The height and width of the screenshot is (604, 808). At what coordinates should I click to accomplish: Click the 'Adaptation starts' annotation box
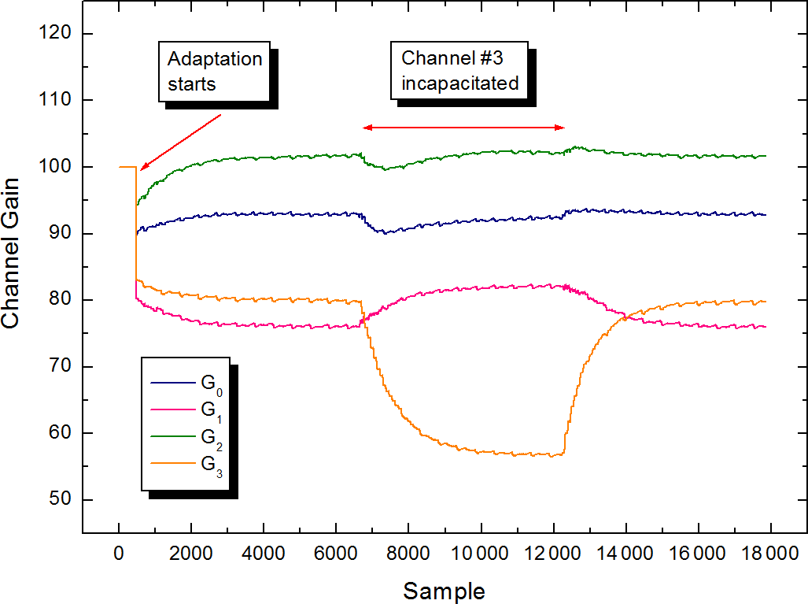click(214, 72)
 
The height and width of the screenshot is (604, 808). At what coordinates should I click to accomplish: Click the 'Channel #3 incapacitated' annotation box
click(459, 70)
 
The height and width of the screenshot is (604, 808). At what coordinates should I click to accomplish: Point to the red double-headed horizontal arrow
click(463, 128)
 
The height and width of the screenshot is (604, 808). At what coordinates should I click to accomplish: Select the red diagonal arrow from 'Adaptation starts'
click(181, 142)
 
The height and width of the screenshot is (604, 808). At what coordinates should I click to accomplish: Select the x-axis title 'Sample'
click(444, 590)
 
